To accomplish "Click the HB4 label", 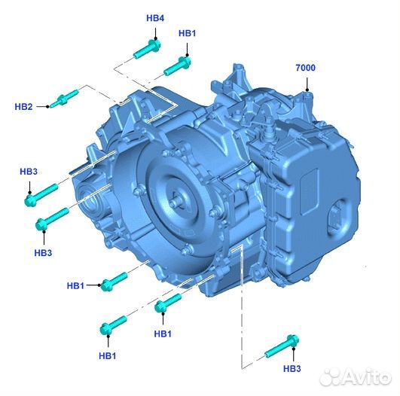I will coord(155,17).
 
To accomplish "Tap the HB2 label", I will coord(23,107).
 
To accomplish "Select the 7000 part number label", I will coord(305,68).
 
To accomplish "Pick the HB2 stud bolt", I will coord(64,98).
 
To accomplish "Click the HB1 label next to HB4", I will coord(187,34).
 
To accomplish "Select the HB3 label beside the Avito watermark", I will coord(292,368).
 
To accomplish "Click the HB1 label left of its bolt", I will coord(76,285).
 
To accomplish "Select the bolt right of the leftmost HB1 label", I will coord(114,281).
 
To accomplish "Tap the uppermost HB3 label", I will coord(28,172).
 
